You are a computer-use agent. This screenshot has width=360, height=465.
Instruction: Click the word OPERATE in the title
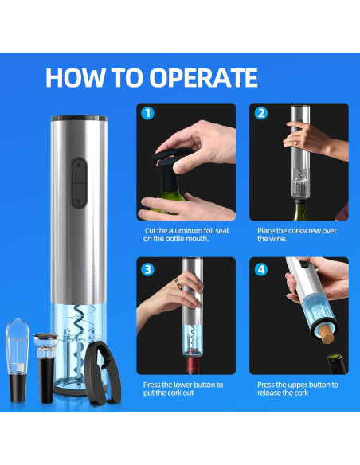(x=203, y=78)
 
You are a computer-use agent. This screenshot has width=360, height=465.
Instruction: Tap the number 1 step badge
(x=147, y=113)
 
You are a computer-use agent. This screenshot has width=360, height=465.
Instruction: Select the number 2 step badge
(x=261, y=113)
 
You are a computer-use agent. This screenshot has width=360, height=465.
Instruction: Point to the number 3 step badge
(x=147, y=270)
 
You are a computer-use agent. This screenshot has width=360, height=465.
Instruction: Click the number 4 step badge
(x=261, y=270)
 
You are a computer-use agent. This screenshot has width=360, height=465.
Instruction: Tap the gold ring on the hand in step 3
(x=178, y=283)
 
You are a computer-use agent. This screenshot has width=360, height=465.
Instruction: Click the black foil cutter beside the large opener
(x=102, y=373)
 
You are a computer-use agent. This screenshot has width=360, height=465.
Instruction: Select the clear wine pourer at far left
(x=18, y=361)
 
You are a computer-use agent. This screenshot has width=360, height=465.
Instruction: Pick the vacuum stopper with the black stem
(x=46, y=368)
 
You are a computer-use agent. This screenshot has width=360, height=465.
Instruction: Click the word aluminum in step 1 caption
(x=187, y=231)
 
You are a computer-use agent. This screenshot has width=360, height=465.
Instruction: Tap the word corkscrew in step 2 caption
(x=299, y=231)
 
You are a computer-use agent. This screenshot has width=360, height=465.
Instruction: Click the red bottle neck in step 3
(x=193, y=365)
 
